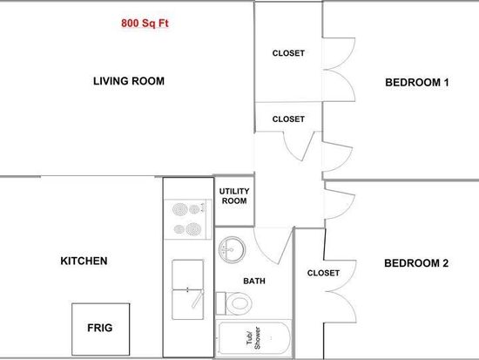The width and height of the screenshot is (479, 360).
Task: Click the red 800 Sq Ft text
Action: [145, 24]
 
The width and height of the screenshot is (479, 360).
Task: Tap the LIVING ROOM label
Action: [129, 81]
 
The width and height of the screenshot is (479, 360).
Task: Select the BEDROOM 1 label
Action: [417, 82]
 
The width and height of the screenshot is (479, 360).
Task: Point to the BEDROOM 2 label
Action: [416, 263]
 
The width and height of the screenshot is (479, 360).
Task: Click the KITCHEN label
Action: [84, 261]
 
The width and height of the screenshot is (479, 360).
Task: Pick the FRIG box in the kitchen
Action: [100, 329]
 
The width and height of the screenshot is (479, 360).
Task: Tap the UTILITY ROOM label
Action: [234, 196]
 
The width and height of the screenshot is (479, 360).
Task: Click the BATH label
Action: [254, 281]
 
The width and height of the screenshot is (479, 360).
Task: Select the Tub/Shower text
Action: [253, 338]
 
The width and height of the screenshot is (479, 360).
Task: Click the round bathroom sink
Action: [232, 249]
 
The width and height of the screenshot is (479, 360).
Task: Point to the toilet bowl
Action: [239, 303]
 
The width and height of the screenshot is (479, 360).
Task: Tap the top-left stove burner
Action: [180, 209]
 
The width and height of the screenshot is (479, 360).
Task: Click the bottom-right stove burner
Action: [193, 229]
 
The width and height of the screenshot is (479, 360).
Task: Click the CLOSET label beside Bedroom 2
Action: [323, 273]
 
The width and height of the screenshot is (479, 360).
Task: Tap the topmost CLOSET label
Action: [288, 53]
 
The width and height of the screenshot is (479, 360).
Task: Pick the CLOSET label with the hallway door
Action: [288, 119]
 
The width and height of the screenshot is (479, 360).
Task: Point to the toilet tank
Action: [220, 303]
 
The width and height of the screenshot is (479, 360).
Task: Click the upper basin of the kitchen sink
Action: [187, 275]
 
